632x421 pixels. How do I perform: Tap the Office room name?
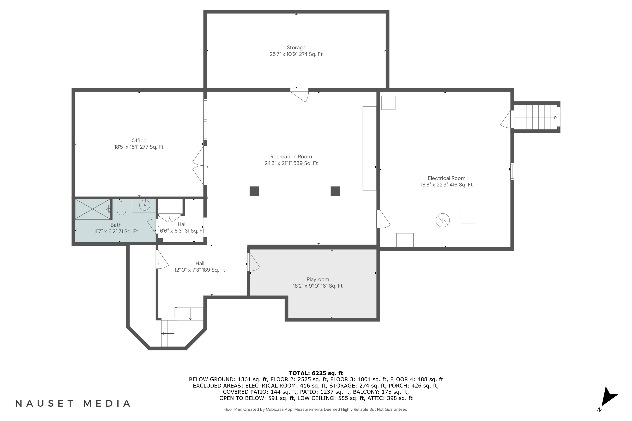coord(139,140)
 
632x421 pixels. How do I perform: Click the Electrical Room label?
coord(446,178)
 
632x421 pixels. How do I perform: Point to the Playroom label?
coord(318,280)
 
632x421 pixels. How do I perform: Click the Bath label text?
coord(116,225)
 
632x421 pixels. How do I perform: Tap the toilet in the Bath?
coord(122,207)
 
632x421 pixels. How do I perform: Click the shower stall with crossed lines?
coord(92,209)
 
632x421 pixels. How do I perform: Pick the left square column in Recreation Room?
coord(254,191)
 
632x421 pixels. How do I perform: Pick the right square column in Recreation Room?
coord(335,191)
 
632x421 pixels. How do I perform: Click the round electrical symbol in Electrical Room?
coord(443,220)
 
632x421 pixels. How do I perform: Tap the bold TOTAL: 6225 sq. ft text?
coord(316,373)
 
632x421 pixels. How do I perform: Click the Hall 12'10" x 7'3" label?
coord(200,267)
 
